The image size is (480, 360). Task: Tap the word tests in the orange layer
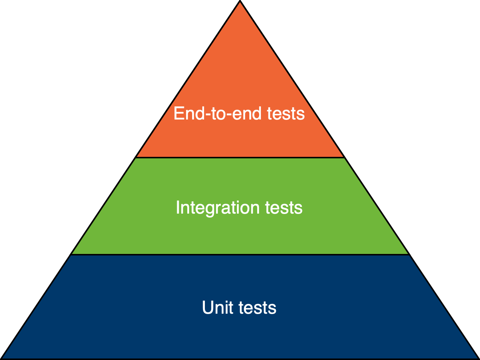286,114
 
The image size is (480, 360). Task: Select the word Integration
218,208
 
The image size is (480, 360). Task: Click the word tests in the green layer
284,208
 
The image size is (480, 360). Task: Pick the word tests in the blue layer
258,308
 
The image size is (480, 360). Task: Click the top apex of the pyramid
240,3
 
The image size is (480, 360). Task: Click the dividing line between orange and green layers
240,158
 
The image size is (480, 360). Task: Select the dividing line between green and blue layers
240,255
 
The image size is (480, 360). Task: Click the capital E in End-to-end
178,114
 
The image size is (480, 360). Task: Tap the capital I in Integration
178,208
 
